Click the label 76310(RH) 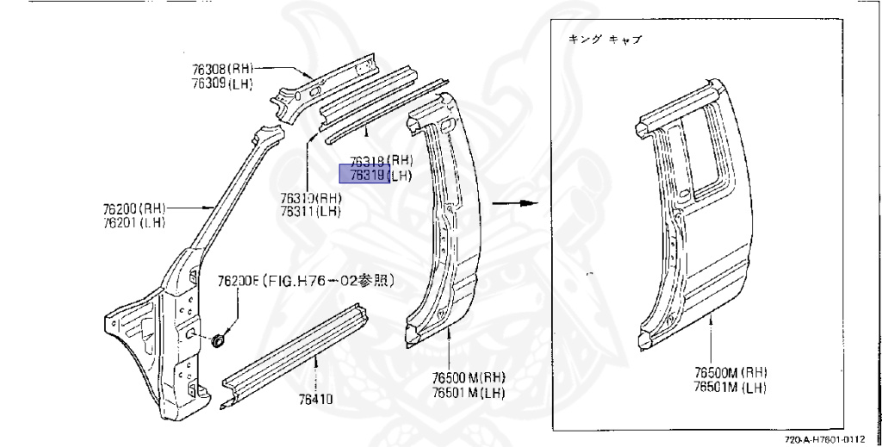pos(310,197)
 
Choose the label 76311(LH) pos(310,211)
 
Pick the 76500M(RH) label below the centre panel pos(469,376)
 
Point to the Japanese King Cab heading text pos(606,40)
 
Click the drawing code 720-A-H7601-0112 pos(829,438)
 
